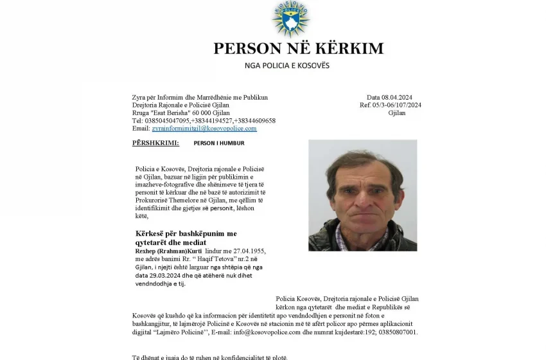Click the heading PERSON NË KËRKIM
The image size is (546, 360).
pos(298,48)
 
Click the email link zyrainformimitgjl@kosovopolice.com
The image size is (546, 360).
pos(204,129)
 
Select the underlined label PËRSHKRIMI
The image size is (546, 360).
pos(155,143)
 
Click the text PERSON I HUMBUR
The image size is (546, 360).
pos(219,143)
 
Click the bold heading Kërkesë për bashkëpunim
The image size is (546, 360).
pos(186,233)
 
